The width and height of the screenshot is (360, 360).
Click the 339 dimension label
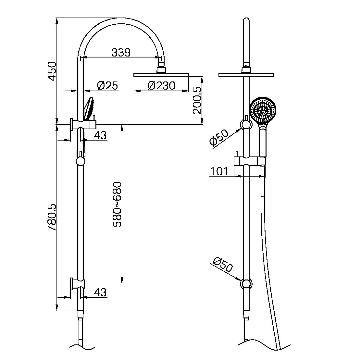[x=121, y=52]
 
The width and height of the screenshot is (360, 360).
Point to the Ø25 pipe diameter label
[x=107, y=86]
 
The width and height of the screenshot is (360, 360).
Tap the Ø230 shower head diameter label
[x=161, y=86]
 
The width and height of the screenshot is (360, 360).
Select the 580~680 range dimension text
[x=117, y=204]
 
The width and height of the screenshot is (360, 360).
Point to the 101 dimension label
[x=219, y=171]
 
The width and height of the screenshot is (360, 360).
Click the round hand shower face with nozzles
[x=263, y=110]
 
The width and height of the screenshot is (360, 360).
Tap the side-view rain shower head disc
[x=161, y=75]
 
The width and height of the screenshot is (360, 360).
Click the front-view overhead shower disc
[x=246, y=74]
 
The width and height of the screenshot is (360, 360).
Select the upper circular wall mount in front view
[x=246, y=125]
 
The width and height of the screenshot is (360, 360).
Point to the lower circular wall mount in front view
[x=246, y=284]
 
